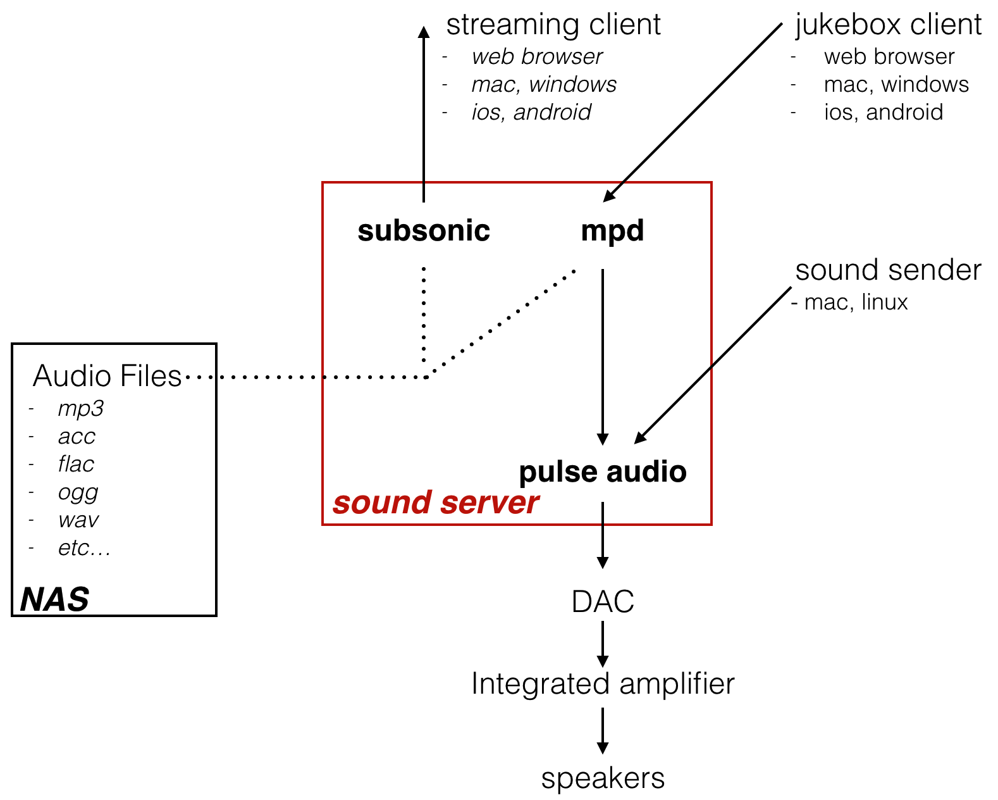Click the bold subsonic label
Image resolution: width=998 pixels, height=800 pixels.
[x=424, y=231]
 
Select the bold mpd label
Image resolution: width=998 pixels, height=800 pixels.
[x=612, y=231]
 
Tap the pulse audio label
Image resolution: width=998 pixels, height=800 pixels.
[x=602, y=472]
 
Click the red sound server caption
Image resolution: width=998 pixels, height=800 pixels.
[x=435, y=503]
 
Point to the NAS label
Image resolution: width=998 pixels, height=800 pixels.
[x=54, y=599]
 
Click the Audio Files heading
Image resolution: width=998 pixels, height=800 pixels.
[x=107, y=376]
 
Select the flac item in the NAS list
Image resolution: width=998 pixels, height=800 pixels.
[x=76, y=465]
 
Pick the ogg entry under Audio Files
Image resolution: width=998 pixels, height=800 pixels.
[x=78, y=492]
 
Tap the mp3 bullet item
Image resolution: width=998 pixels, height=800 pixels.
[x=80, y=409]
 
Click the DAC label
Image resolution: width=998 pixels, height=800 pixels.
[x=602, y=602]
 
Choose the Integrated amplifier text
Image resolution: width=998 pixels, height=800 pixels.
[x=602, y=684]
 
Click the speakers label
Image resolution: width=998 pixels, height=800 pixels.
[x=602, y=778]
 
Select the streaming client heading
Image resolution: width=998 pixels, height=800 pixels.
[x=553, y=25]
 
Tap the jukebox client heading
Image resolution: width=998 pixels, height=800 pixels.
[x=888, y=25]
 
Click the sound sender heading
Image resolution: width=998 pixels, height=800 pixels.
[x=888, y=270]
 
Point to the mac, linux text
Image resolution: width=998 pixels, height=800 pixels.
[x=855, y=303]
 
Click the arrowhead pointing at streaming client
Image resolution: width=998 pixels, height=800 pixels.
[x=424, y=32]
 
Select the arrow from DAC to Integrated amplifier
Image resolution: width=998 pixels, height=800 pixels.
[x=602, y=644]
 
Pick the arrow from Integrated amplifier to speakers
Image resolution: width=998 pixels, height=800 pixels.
[x=602, y=731]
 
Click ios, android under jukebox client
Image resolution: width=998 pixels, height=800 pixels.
[x=883, y=113]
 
